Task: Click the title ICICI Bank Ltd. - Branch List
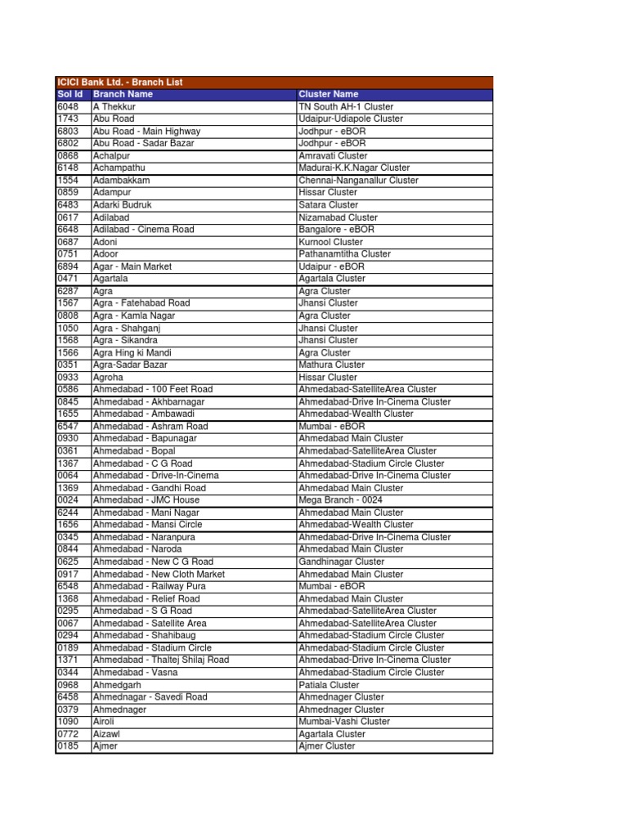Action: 120,82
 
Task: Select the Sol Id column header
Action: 70,94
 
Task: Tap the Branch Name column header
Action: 123,94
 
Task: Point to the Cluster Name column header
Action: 329,94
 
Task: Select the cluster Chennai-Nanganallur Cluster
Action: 358,180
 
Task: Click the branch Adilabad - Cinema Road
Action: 143,230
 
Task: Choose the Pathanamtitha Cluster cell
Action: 344,254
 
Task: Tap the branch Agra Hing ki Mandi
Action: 132,352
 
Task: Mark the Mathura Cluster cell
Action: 331,365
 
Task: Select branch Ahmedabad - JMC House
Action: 146,500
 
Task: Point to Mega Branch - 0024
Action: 340,500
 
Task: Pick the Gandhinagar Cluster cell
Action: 341,562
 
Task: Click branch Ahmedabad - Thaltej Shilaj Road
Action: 161,660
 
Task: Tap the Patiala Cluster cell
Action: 329,684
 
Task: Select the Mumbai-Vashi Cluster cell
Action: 344,722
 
